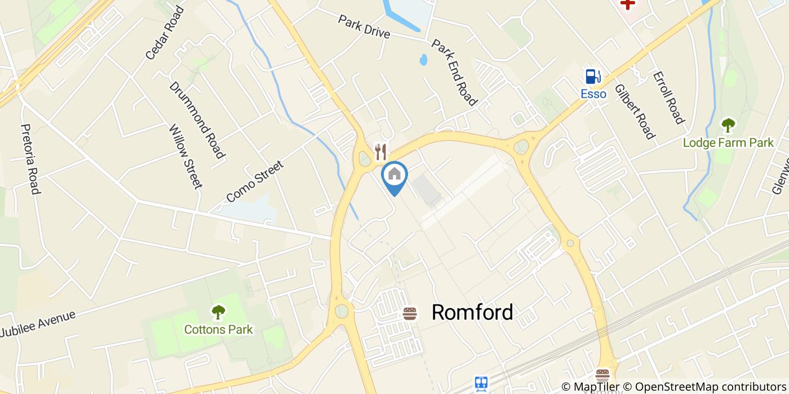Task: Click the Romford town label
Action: click(x=472, y=312)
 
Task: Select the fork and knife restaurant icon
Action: click(x=381, y=151)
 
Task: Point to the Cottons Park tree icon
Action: click(x=218, y=311)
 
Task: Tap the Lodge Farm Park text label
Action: click(x=728, y=143)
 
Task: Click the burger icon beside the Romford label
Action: click(x=410, y=313)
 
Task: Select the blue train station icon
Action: click(x=481, y=384)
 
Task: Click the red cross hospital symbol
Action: click(x=627, y=3)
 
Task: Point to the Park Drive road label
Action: click(x=364, y=26)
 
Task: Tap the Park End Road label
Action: click(x=454, y=72)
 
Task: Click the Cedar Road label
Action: click(x=165, y=33)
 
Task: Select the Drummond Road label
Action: click(x=197, y=120)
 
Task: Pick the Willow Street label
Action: click(x=185, y=156)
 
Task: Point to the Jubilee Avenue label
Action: click(x=37, y=324)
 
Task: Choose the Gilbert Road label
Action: click(x=635, y=111)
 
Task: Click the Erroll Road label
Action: click(x=668, y=97)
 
